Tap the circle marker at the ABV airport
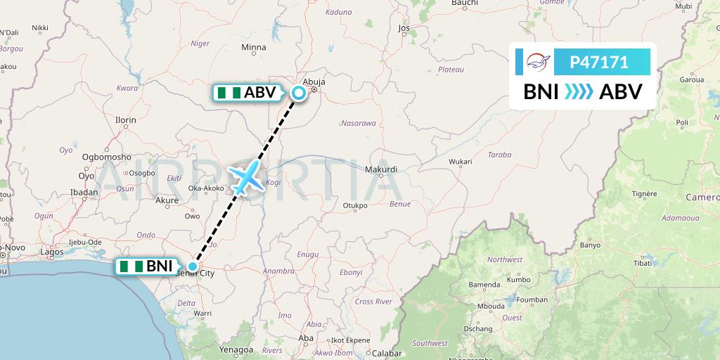pyautogui.click(x=299, y=93)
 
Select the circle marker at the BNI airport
pyautogui.click(x=193, y=266)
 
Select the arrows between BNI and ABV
pyautogui.click(x=579, y=92)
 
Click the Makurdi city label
pyautogui.click(x=382, y=169)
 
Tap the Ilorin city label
pyautogui.click(x=126, y=120)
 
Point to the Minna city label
pyautogui.click(x=254, y=48)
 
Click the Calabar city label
pyautogui.click(x=387, y=353)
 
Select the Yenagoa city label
pyautogui.click(x=236, y=349)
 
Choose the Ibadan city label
pyautogui.click(x=84, y=193)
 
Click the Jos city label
pyautogui.click(x=404, y=29)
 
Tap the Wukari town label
pyautogui.click(x=461, y=161)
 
